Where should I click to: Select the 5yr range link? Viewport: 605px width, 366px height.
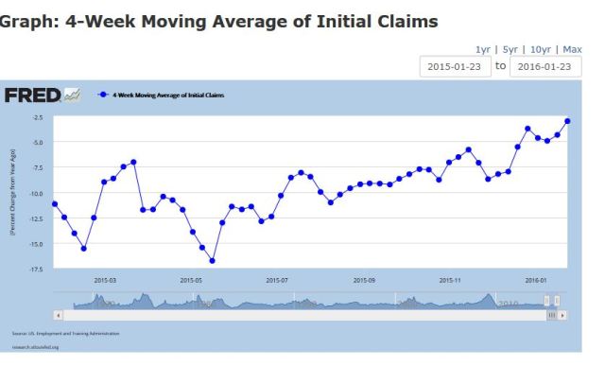click(510, 49)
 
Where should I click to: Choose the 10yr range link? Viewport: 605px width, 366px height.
click(540, 49)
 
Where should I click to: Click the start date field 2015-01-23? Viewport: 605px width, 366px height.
click(455, 67)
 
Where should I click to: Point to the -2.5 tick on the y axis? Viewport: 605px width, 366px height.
click(38, 117)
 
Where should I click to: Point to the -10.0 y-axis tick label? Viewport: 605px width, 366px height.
click(37, 194)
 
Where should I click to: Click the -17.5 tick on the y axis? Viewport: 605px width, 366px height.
click(37, 270)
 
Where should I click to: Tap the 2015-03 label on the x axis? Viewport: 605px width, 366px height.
click(104, 280)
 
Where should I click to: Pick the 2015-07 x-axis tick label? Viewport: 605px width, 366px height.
click(277, 280)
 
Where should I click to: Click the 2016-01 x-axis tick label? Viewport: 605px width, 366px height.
click(537, 280)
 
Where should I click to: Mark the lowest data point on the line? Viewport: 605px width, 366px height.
click(213, 260)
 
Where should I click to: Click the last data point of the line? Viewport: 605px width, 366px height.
click(567, 120)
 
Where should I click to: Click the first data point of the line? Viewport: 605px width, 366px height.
click(55, 204)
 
